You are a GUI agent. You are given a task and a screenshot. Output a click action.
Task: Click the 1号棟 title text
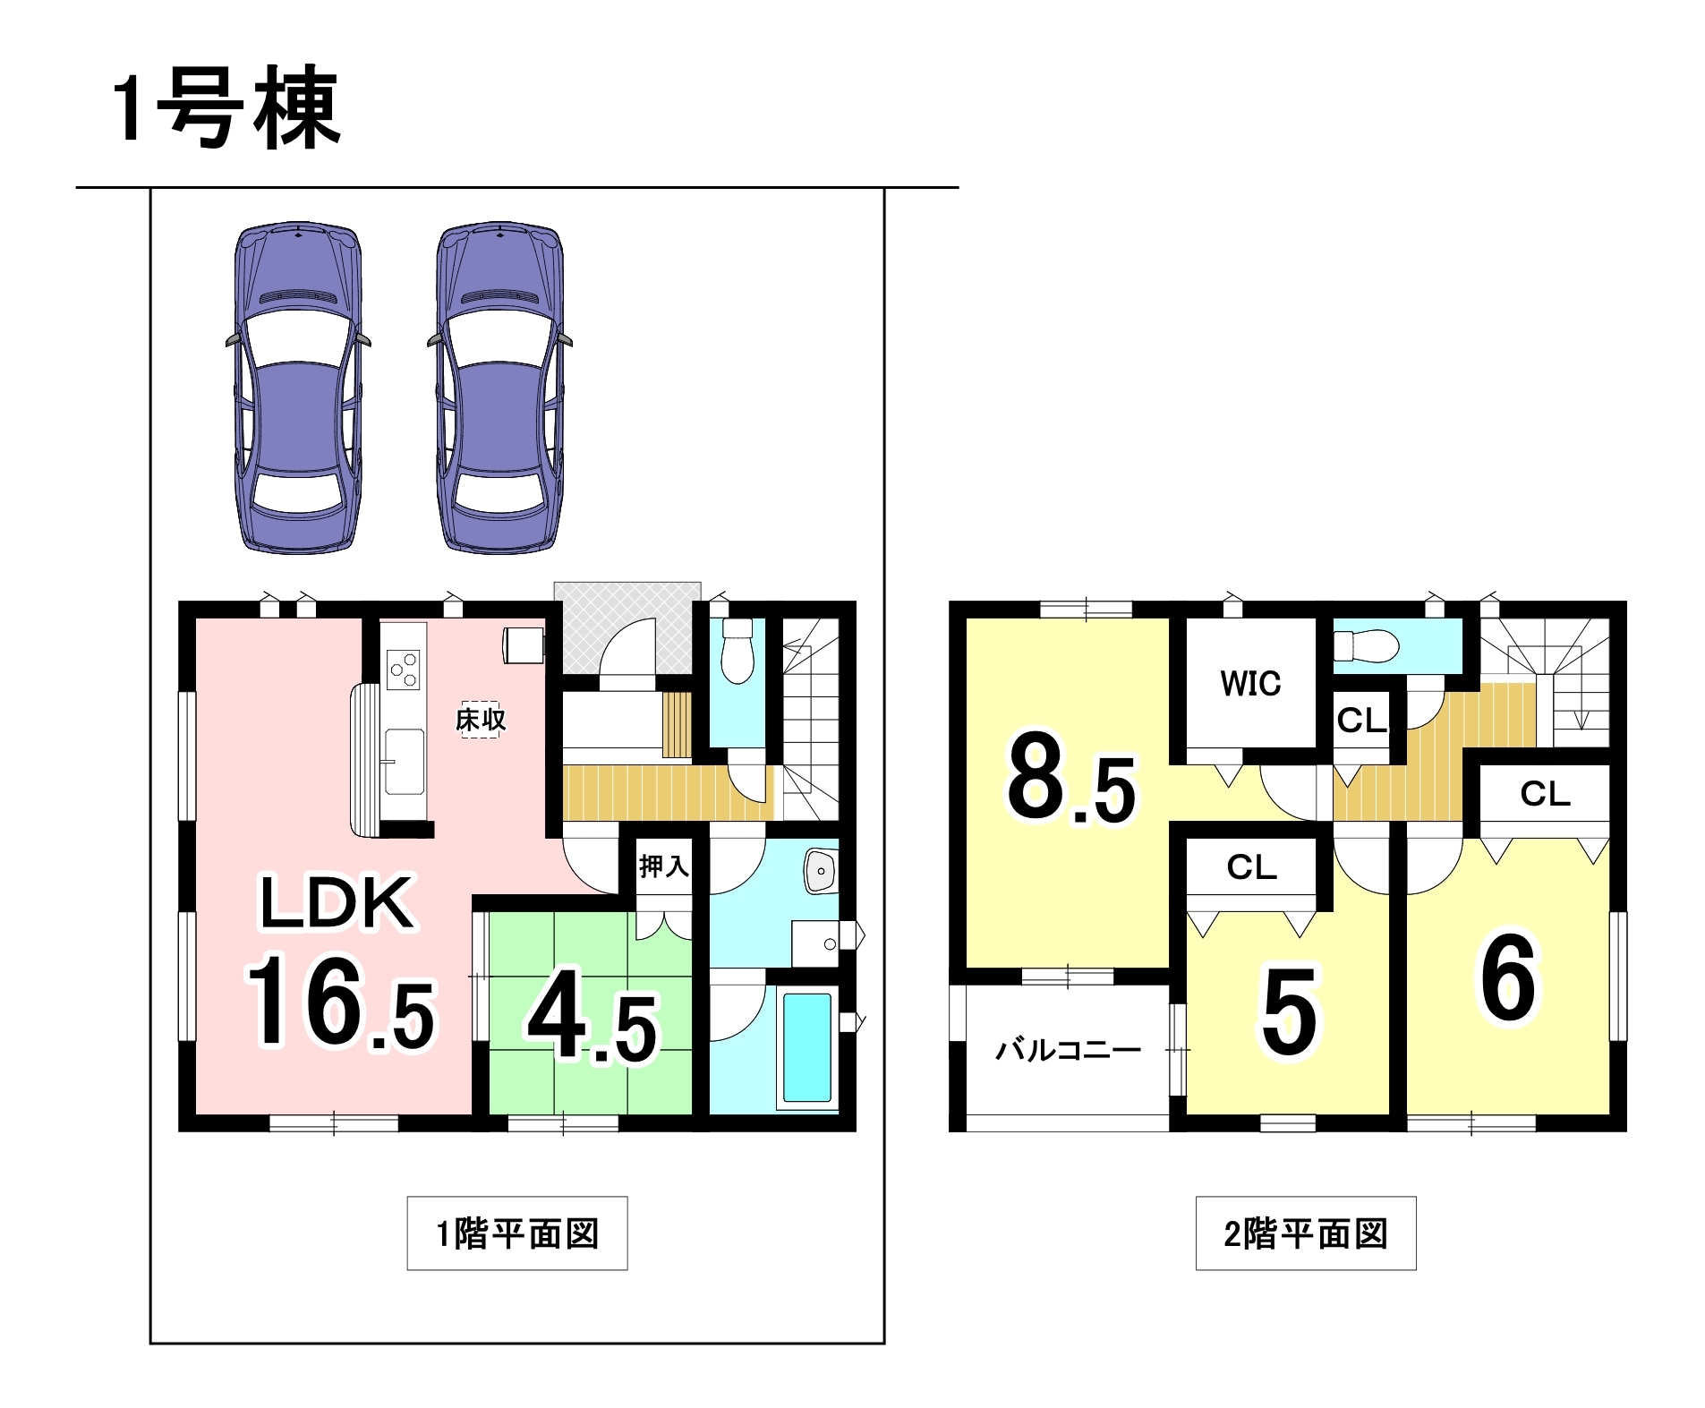pyautogui.click(x=226, y=109)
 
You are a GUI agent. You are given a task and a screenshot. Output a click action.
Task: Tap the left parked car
pyautogui.click(x=298, y=388)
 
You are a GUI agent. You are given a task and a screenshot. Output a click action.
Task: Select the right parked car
pyautogui.click(x=500, y=388)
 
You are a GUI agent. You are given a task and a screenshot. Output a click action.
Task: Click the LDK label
pyautogui.click(x=337, y=902)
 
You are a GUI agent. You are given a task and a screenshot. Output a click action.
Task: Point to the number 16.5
pyautogui.click(x=340, y=1001)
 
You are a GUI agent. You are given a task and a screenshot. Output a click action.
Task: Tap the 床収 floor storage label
pyautogui.click(x=481, y=719)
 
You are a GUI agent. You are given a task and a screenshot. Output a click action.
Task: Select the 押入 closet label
pyautogui.click(x=663, y=866)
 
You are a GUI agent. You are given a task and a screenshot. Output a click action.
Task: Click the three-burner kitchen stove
pyautogui.click(x=403, y=670)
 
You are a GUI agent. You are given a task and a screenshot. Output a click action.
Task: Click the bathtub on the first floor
pyautogui.click(x=807, y=1047)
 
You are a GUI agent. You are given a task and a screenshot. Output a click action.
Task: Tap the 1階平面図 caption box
pyautogui.click(x=517, y=1233)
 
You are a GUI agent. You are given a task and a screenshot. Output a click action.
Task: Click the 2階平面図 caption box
pyautogui.click(x=1306, y=1233)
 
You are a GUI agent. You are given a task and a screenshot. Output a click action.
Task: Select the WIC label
pyautogui.click(x=1250, y=684)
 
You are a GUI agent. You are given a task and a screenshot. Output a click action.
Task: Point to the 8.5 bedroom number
pyautogui.click(x=1071, y=777)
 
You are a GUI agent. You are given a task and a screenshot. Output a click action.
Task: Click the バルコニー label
pyautogui.click(x=1069, y=1049)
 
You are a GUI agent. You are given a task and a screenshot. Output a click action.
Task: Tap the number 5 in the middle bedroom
pyautogui.click(x=1289, y=1011)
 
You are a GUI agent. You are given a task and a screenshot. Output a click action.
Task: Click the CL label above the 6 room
pyautogui.click(x=1545, y=794)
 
